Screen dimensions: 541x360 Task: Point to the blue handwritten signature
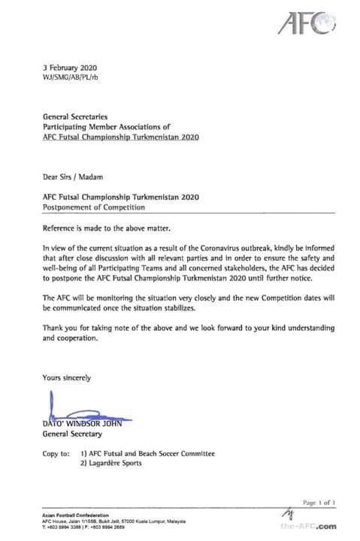(x=75, y=413)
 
